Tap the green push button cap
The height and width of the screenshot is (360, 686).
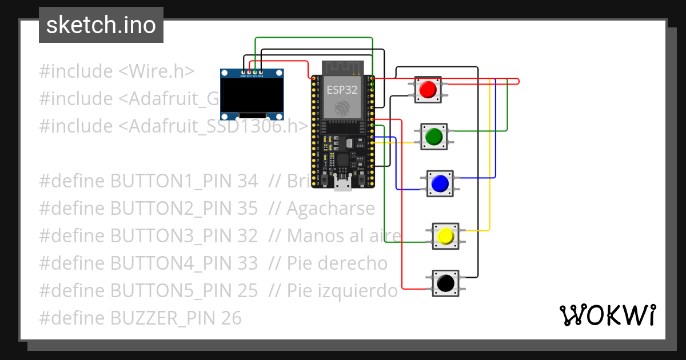(434, 137)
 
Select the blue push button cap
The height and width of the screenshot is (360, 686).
(440, 183)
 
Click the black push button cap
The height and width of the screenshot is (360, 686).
(446, 282)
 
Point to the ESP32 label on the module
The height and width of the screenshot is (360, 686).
(342, 89)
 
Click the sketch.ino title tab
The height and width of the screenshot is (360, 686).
(101, 25)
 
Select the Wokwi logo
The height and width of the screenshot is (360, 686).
(607, 315)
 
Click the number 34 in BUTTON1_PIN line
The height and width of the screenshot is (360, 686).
(247, 181)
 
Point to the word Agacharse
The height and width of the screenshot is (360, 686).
(331, 209)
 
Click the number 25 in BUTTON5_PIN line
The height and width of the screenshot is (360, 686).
(247, 291)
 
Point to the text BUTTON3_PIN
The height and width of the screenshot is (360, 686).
(171, 236)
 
